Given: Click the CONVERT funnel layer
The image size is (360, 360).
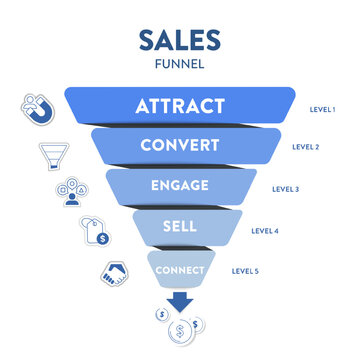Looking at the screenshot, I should click(x=180, y=146).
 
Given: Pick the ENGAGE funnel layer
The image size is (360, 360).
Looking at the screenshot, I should click(x=180, y=186).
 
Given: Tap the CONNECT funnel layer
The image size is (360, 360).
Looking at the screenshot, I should click(x=180, y=270).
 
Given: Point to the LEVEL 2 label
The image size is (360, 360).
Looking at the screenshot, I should click(x=304, y=146).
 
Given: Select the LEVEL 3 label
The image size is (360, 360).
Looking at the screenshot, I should click(x=286, y=188).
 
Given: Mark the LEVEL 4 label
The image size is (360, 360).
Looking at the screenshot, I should click(x=266, y=231).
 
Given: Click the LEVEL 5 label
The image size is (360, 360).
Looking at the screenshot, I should click(x=246, y=270).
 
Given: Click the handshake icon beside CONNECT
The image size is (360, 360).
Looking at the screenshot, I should click(x=113, y=273).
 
